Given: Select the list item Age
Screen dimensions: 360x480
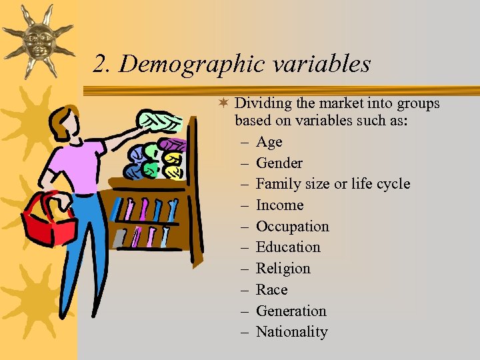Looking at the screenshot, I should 269,142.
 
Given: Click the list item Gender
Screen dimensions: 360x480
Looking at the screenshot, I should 279,163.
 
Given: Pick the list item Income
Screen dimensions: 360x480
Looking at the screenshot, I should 279,205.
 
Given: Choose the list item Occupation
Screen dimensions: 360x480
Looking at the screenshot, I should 292,227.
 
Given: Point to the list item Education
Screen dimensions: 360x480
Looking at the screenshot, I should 288,247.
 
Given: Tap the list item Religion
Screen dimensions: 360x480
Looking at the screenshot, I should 283,269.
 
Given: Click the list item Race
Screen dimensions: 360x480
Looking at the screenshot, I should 271,290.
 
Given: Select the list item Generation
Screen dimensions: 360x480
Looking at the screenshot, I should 291,311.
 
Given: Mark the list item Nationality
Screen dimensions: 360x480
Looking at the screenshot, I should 292,332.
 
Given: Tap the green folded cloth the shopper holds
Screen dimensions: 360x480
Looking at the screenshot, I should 159,121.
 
